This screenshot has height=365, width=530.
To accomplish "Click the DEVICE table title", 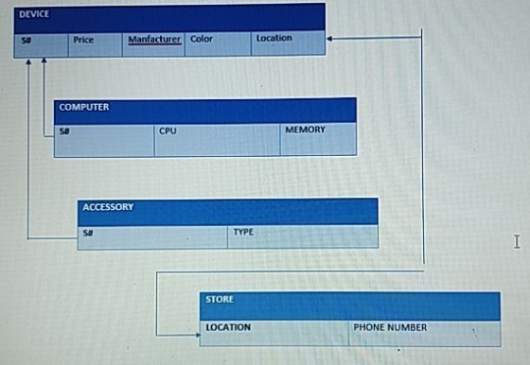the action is click(x=34, y=14).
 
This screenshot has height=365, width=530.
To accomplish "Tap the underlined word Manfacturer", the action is click(x=154, y=40).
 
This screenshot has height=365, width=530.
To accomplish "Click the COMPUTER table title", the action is click(x=84, y=107).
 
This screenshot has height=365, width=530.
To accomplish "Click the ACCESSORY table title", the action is click(x=108, y=207).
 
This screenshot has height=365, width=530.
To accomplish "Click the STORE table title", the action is click(x=220, y=300).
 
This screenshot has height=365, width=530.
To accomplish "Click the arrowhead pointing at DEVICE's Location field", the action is click(x=329, y=39).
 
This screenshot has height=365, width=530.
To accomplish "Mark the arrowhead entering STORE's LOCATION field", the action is click(x=198, y=335).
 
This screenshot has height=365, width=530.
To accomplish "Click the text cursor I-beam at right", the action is click(x=517, y=242).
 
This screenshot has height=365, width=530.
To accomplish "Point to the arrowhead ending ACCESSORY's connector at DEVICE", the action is click(x=28, y=62).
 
